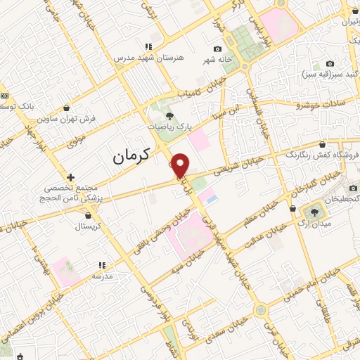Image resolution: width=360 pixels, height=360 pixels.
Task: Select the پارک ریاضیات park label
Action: pos(169,127)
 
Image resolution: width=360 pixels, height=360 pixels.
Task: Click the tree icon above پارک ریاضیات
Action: pos(169,115)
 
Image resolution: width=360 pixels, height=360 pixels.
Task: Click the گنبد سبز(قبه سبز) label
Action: pos(328,73)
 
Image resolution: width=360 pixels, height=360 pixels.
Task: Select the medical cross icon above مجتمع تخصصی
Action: pos(70,177)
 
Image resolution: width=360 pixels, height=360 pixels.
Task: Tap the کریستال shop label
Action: pos(89,226)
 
